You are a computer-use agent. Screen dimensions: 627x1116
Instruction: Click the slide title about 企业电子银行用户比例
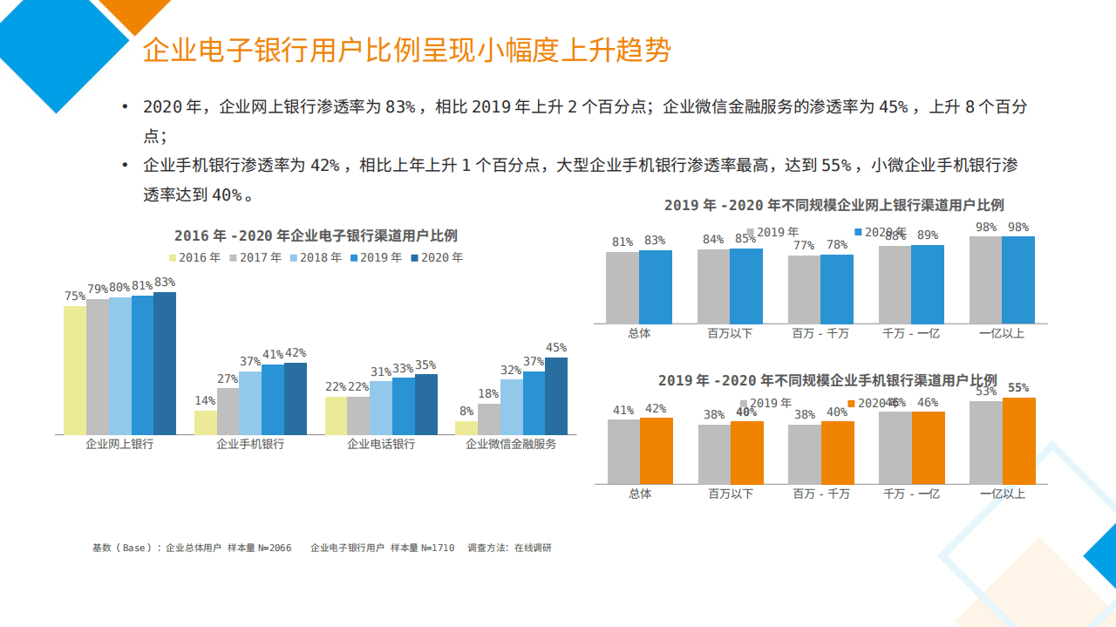click(x=406, y=50)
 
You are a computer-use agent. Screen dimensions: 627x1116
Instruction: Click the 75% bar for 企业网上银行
click(x=75, y=370)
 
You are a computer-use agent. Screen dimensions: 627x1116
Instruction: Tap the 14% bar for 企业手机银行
click(x=205, y=422)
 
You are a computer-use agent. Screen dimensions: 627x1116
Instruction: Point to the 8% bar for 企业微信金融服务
click(x=466, y=427)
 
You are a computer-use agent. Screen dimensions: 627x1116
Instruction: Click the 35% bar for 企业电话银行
click(x=426, y=404)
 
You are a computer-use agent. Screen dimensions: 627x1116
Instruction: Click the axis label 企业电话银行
click(x=381, y=444)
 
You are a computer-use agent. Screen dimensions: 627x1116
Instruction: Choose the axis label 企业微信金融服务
click(x=511, y=444)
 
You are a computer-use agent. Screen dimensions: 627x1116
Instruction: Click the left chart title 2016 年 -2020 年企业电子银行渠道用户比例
click(x=316, y=235)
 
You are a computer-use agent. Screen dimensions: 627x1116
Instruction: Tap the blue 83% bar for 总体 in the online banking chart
click(x=656, y=287)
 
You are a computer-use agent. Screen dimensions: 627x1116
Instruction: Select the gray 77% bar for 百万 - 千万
click(x=804, y=290)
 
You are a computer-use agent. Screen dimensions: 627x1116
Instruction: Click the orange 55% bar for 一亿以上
click(x=1019, y=440)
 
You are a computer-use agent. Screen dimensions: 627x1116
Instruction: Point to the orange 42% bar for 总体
click(x=657, y=451)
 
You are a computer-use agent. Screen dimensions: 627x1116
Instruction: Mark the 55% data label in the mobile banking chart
click(x=1018, y=388)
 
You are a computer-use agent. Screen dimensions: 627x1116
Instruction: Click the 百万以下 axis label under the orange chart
click(x=730, y=494)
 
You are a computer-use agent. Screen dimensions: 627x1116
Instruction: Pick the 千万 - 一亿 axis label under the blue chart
click(x=911, y=333)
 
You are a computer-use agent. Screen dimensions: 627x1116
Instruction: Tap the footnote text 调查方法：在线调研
click(x=509, y=549)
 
